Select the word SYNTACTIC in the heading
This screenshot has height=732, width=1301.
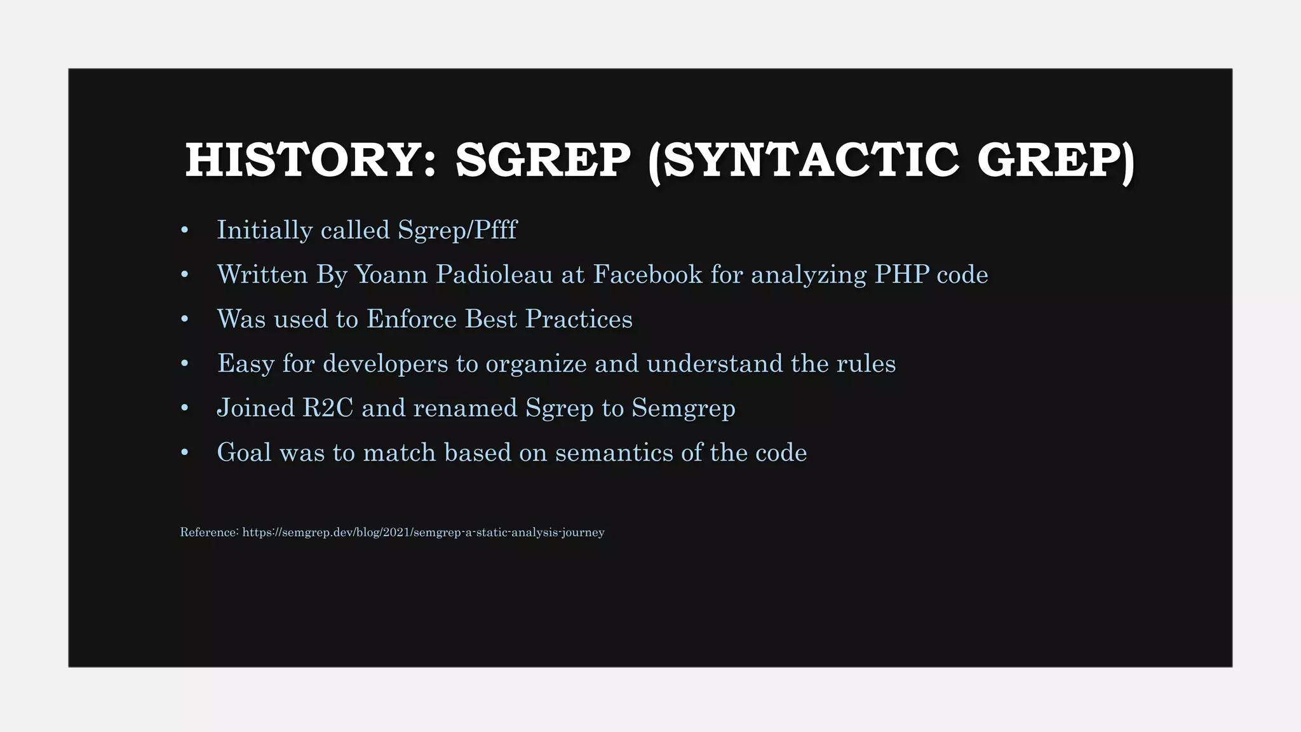click(811, 160)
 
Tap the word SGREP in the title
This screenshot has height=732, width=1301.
click(543, 160)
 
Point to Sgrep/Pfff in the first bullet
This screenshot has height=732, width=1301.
click(457, 230)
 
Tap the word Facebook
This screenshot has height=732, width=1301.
click(647, 274)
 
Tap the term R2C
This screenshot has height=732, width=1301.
click(327, 408)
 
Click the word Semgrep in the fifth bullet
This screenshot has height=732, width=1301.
click(684, 408)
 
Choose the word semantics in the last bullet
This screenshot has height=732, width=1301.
click(614, 452)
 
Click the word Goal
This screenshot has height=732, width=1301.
click(244, 452)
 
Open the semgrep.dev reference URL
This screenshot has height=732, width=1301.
click(423, 532)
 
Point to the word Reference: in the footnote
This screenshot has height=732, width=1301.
click(209, 532)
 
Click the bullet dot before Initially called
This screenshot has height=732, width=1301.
click(185, 230)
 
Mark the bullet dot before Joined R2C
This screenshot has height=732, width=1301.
click(185, 408)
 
